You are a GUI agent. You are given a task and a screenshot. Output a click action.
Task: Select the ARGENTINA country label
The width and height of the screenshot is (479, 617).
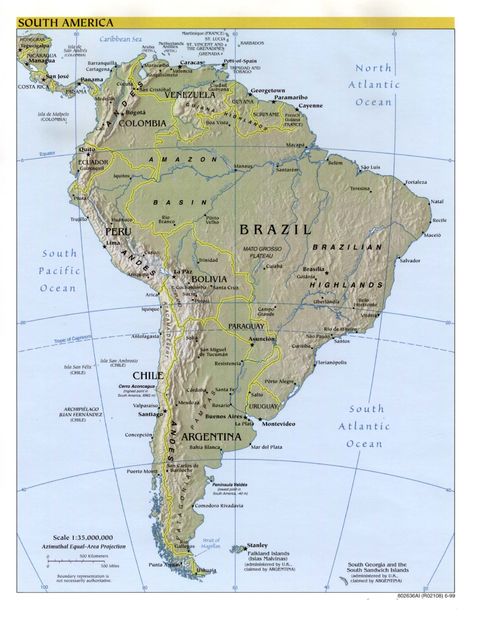coord(211,437)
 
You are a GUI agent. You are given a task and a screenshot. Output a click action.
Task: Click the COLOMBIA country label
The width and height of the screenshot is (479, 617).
coord(142,123)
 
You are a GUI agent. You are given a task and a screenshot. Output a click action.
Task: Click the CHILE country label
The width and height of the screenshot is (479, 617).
coord(147,376)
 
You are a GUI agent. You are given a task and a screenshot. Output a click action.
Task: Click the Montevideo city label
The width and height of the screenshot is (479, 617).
coord(278,423)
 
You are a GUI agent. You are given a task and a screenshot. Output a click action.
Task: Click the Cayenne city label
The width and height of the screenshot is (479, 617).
coord(310,105)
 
